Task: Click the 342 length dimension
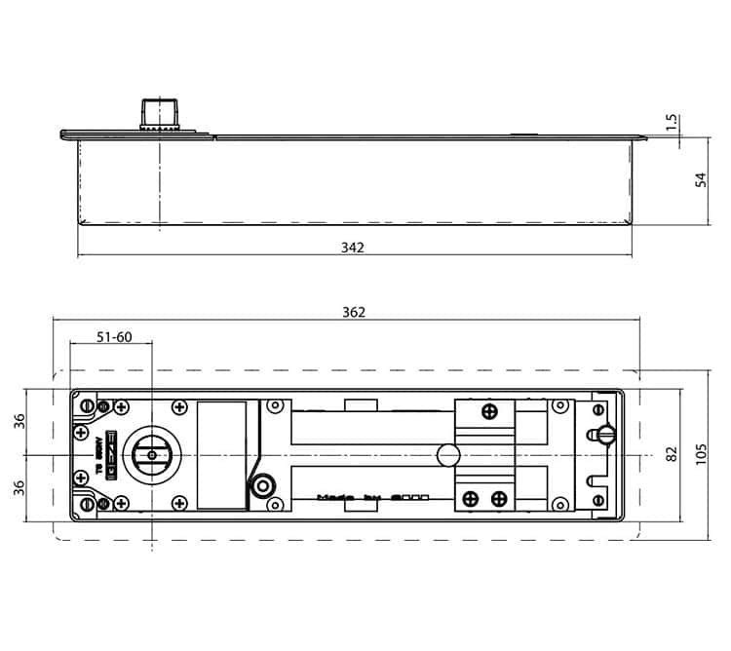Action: (353, 248)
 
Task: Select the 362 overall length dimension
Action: (354, 312)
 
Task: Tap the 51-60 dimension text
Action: (114, 337)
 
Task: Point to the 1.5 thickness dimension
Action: (699, 124)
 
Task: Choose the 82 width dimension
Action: (672, 455)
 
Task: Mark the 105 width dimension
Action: (699, 455)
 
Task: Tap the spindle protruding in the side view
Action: (157, 113)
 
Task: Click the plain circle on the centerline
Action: (447, 454)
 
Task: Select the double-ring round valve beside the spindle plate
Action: (261, 486)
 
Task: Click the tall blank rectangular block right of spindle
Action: (222, 454)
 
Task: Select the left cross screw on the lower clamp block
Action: (471, 498)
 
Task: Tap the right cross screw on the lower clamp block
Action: (499, 498)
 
